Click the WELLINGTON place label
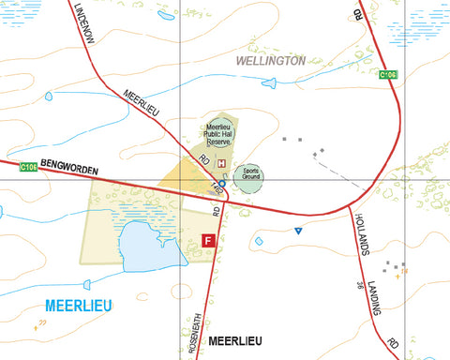click(271, 60)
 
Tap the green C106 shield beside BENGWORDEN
click(28, 167)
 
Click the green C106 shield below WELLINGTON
click(388, 75)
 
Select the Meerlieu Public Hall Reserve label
click(217, 135)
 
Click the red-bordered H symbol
click(221, 163)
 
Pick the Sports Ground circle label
click(249, 175)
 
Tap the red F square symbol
click(208, 241)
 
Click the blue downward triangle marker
click(298, 231)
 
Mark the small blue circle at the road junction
click(221, 185)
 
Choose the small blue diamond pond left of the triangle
click(260, 241)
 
